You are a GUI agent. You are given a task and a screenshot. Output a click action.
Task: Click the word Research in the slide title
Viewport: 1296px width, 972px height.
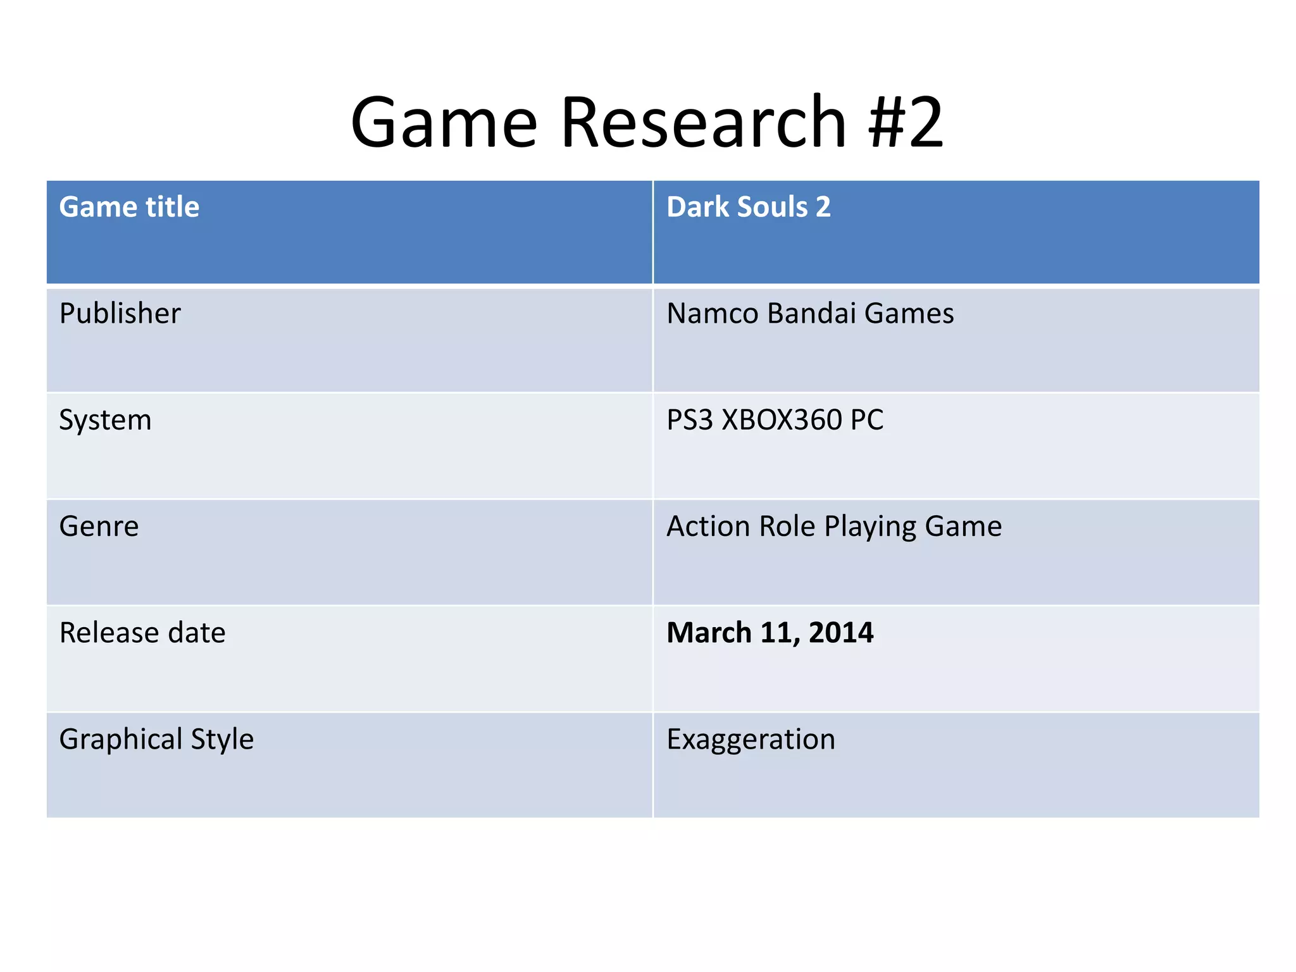click(703, 121)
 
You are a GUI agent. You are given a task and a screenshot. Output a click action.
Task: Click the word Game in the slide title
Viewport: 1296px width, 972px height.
click(444, 121)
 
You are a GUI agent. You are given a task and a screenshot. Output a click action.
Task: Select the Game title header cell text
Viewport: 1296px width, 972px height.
click(129, 207)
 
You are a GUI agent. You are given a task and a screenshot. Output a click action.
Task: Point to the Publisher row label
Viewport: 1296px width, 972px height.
click(120, 313)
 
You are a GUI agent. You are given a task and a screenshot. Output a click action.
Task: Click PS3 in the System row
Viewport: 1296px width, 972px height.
click(690, 420)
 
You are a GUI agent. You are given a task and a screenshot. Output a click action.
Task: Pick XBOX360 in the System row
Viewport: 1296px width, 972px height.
click(782, 420)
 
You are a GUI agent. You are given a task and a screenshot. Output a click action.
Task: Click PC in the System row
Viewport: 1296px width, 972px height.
click(866, 420)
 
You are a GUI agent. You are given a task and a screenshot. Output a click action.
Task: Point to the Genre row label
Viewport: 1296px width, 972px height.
click(99, 526)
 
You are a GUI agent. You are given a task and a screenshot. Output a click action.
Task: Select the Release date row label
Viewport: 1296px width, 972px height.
click(142, 633)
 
